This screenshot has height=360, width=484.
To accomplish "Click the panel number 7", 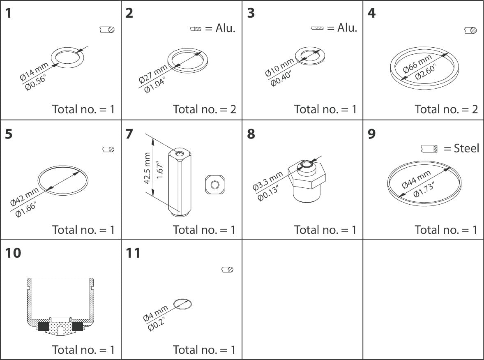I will click(129, 134).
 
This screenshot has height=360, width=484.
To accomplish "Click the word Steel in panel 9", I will click(466, 148).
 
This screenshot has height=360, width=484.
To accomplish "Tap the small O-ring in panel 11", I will click(182, 304).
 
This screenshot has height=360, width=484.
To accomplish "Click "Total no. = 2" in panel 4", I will click(446, 109).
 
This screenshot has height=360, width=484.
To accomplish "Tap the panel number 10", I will click(13, 253).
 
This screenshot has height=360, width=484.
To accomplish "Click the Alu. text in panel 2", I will click(226, 29).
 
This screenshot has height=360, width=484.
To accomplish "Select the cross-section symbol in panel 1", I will click(107, 30).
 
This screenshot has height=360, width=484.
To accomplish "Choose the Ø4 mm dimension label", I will click(155, 312).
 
